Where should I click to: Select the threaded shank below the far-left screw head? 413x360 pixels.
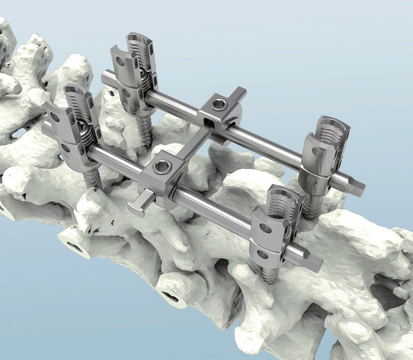[144, 129]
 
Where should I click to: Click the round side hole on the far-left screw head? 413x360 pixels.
[120, 61]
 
